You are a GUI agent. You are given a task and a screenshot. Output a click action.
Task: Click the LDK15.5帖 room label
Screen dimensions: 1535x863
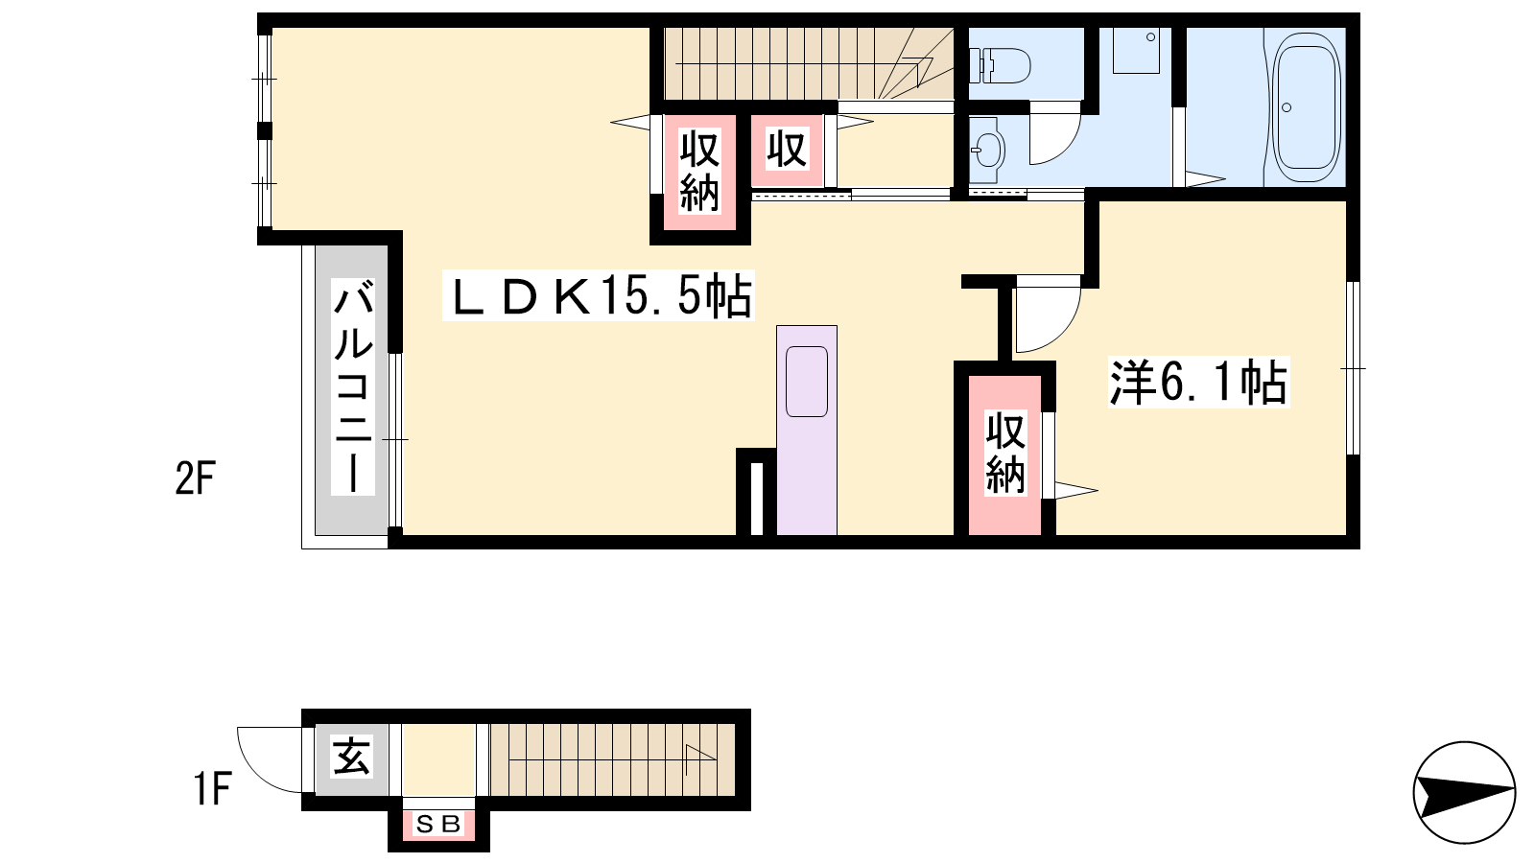pyautogui.click(x=599, y=295)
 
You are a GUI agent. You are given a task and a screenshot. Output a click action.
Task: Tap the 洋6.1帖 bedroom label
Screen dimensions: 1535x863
pyautogui.click(x=1198, y=383)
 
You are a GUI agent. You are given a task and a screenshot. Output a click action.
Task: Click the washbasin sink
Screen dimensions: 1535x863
pyautogui.click(x=987, y=150)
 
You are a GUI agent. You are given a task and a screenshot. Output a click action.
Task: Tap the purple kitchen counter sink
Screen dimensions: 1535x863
pyautogui.click(x=807, y=382)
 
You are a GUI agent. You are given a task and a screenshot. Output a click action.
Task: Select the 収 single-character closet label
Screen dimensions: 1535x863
pyautogui.click(x=787, y=150)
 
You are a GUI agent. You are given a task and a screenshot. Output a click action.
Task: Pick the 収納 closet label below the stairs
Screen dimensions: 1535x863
pyautogui.click(x=699, y=173)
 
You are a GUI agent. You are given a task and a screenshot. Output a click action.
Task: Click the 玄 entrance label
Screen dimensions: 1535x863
pyautogui.click(x=351, y=757)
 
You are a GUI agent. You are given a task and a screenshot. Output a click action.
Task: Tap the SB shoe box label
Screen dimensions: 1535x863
pyautogui.click(x=438, y=825)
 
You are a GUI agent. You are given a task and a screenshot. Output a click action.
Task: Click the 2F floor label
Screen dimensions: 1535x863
pyautogui.click(x=196, y=478)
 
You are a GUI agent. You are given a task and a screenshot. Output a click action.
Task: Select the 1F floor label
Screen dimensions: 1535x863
pyautogui.click(x=212, y=789)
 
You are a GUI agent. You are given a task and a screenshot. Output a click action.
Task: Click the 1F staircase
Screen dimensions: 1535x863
pyautogui.click(x=613, y=759)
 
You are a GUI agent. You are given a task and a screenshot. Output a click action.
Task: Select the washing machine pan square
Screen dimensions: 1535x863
pyautogui.click(x=1136, y=50)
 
